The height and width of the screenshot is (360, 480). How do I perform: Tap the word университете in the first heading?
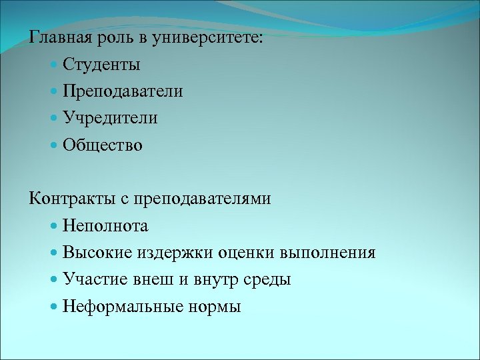[x=207, y=38]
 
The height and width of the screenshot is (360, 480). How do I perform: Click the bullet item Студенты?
[x=101, y=65]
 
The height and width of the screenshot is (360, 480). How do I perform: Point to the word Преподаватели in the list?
[x=123, y=91]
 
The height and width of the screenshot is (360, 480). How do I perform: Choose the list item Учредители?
[x=110, y=118]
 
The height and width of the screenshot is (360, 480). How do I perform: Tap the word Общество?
[x=103, y=145]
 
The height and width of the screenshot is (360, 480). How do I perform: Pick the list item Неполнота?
[x=105, y=226]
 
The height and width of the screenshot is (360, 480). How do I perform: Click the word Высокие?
[x=98, y=253]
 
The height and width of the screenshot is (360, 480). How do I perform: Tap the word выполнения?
[x=328, y=253]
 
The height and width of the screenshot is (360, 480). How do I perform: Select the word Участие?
[x=93, y=279]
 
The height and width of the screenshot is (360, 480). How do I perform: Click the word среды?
[x=270, y=279]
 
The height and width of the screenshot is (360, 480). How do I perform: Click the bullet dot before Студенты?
[x=54, y=65]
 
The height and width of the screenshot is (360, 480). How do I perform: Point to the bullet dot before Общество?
[x=54, y=145]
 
